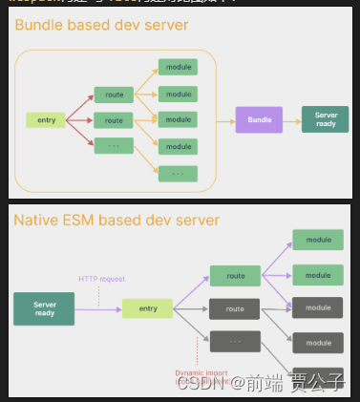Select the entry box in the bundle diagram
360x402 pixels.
coord(46,120)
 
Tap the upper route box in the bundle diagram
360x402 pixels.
coord(114,95)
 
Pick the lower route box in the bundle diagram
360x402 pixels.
coord(114,120)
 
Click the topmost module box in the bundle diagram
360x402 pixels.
coord(178,68)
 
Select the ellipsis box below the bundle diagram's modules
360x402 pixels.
coord(178,174)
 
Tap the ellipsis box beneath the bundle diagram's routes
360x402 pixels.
coord(114,146)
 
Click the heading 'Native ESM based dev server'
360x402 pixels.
coord(116,221)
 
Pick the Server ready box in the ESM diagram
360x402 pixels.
coord(44,308)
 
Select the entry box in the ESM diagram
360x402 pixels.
coord(147,308)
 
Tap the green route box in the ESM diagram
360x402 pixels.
coord(235,275)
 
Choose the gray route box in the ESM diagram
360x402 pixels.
coord(235,308)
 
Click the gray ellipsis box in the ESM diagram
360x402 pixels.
coord(235,341)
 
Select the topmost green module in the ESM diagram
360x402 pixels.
coord(318,241)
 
